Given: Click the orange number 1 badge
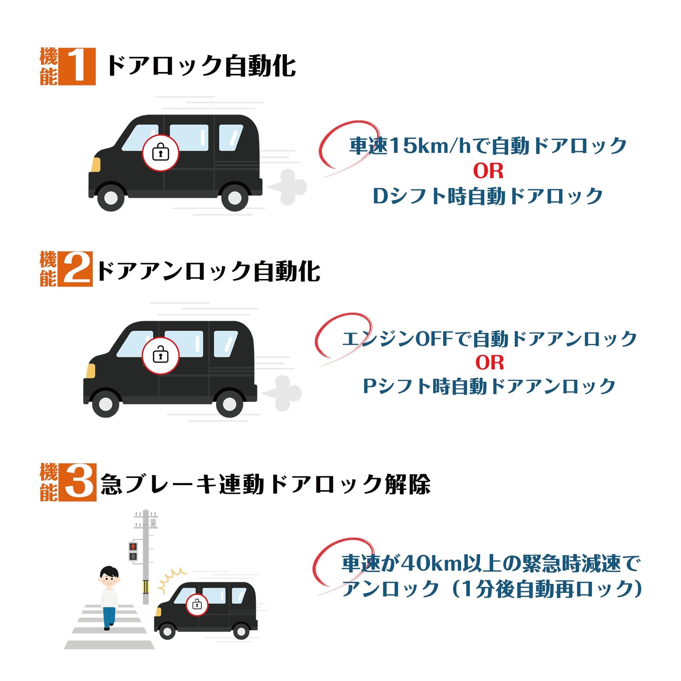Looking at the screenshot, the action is click(77, 66).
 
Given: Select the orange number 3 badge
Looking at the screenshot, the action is click(78, 482).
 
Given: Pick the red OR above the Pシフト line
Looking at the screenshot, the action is click(489, 362).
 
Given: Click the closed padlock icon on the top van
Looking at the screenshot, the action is click(160, 153).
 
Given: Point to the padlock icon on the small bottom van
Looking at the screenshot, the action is click(197, 604).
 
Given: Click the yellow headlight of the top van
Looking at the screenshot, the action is click(96, 165).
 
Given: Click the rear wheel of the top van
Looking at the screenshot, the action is click(233, 198).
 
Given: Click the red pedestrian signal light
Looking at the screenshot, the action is click(133, 547).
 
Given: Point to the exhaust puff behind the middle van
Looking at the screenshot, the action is click(284, 393).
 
